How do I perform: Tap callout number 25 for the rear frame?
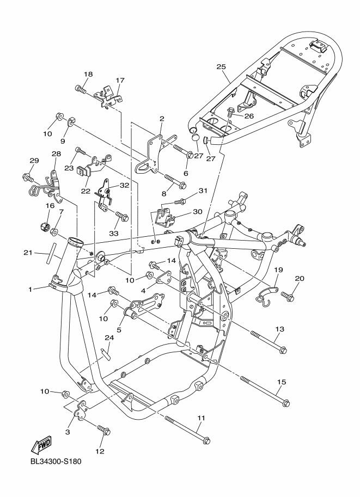pos(221,66)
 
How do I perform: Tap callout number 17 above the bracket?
pos(119,79)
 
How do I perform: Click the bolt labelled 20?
pos(288,296)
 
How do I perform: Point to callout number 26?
pos(249,115)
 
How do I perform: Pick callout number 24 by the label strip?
pos(109,339)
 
